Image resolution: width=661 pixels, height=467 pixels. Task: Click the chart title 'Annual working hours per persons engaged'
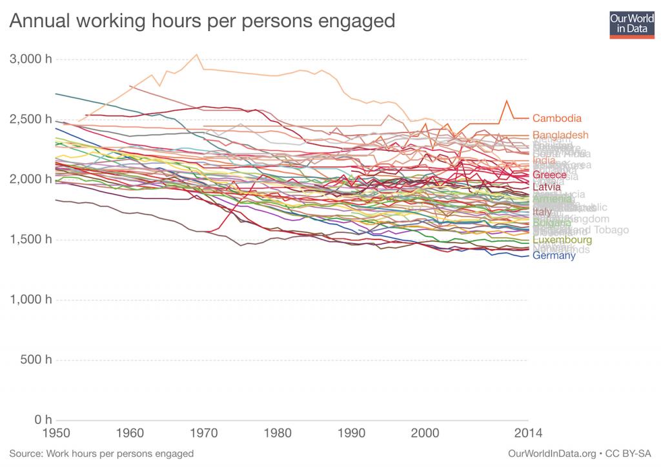click(x=201, y=21)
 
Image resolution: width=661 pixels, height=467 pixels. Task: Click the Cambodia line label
click(x=557, y=119)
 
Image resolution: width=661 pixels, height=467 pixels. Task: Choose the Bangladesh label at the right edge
click(x=560, y=135)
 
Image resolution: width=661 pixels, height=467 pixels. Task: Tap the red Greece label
click(x=549, y=175)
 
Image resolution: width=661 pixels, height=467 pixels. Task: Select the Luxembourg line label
click(x=562, y=240)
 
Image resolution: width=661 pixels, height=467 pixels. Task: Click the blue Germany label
click(x=554, y=255)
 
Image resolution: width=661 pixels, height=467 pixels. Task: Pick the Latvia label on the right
click(x=547, y=187)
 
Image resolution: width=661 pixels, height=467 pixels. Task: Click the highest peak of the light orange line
click(x=197, y=54)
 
